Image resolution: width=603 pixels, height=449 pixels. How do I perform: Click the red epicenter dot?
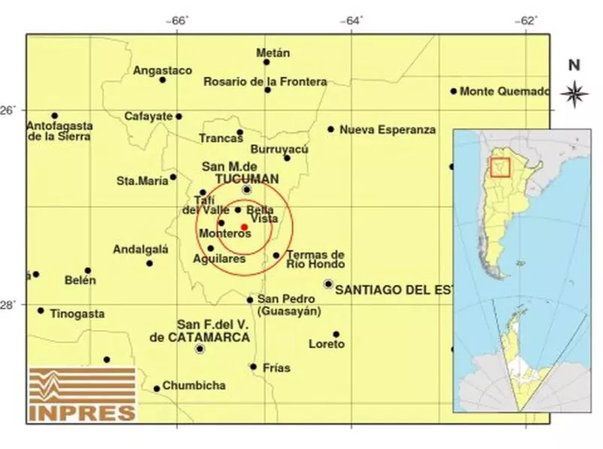244,226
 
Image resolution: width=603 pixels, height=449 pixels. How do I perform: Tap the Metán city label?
273,53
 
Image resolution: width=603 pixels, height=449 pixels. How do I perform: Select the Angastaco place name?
162,71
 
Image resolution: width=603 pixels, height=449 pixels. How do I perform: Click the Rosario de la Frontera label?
265,81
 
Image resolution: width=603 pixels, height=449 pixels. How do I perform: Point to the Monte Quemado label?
505,92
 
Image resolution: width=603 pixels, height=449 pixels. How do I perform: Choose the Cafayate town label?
149,117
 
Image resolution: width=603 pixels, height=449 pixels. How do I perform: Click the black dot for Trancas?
240,132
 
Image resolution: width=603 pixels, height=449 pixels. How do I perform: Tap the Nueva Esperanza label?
387,129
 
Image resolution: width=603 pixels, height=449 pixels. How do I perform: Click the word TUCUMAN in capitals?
247,178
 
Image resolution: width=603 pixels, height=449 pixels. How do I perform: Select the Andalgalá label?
141,250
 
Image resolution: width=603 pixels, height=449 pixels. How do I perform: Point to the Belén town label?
80,281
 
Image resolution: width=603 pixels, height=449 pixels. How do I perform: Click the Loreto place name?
326,344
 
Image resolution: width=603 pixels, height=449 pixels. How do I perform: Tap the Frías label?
277,369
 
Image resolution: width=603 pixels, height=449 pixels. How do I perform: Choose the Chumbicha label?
194,386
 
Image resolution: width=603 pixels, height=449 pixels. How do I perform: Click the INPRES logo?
83,393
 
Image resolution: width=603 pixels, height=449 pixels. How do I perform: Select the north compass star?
574,94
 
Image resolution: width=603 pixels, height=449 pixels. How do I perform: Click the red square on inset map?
500,166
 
